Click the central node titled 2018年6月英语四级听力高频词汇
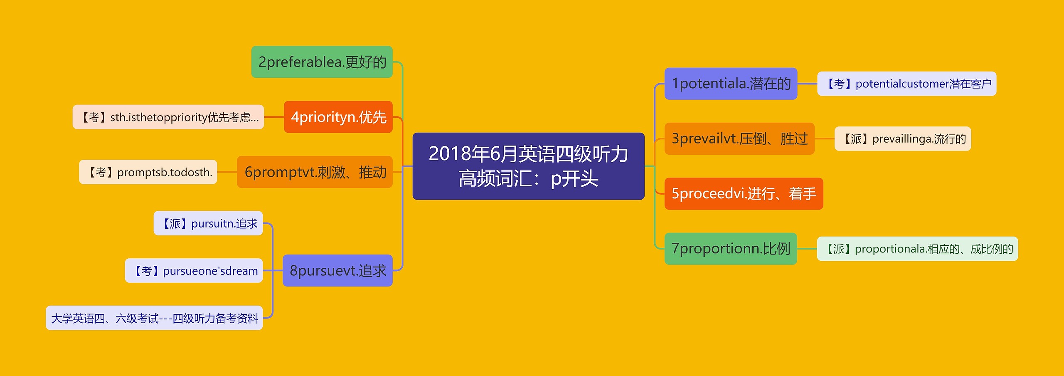pos(528,166)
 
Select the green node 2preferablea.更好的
pos(322,62)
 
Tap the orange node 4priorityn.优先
pos(338,117)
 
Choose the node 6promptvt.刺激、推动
pos(315,172)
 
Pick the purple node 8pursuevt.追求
pos(337,270)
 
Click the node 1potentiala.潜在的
pos(731,84)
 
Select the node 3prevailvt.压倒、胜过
pos(739,139)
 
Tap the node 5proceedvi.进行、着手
pos(744,193)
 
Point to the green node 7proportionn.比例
pos(731,249)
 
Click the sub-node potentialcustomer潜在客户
pos(907,84)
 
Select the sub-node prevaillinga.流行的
pos(903,139)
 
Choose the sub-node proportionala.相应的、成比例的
pos(918,249)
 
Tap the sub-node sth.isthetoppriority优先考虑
pos(168,117)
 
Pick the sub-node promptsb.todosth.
pos(148,172)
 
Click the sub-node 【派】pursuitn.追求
pos(208,223)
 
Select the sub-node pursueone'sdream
pos(194,270)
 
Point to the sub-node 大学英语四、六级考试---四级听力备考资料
pos(154,318)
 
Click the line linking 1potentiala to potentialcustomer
pos(807,84)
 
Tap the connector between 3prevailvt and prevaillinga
pos(825,139)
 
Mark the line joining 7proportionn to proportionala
pos(807,249)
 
